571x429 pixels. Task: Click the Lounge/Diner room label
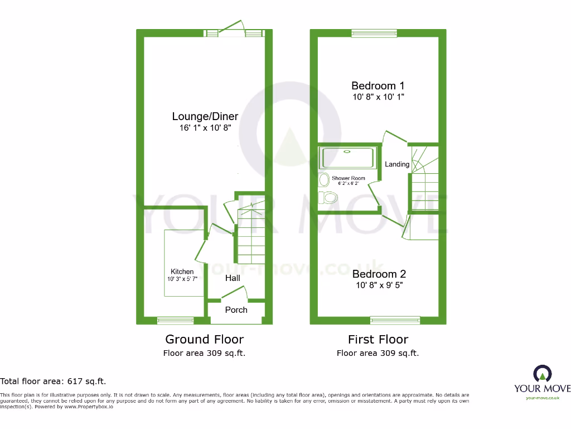point(205,116)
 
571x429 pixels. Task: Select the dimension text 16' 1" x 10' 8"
point(205,128)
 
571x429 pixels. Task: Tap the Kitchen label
point(182,271)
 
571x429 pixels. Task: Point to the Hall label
point(233,278)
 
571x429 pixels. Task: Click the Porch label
point(236,309)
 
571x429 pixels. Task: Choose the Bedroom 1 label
point(378,85)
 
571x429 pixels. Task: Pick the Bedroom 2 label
point(379,274)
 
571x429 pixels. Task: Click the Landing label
point(397,164)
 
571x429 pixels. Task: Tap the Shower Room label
point(349,178)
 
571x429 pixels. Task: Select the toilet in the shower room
point(329,198)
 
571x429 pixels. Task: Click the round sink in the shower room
point(323,180)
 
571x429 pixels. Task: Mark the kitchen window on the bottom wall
point(175,320)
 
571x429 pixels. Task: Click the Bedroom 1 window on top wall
point(374,33)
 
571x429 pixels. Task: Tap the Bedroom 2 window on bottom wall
point(395,320)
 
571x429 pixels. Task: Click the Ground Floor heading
point(204,339)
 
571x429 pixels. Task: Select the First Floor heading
point(378,339)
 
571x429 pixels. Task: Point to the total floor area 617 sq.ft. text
point(53,382)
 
